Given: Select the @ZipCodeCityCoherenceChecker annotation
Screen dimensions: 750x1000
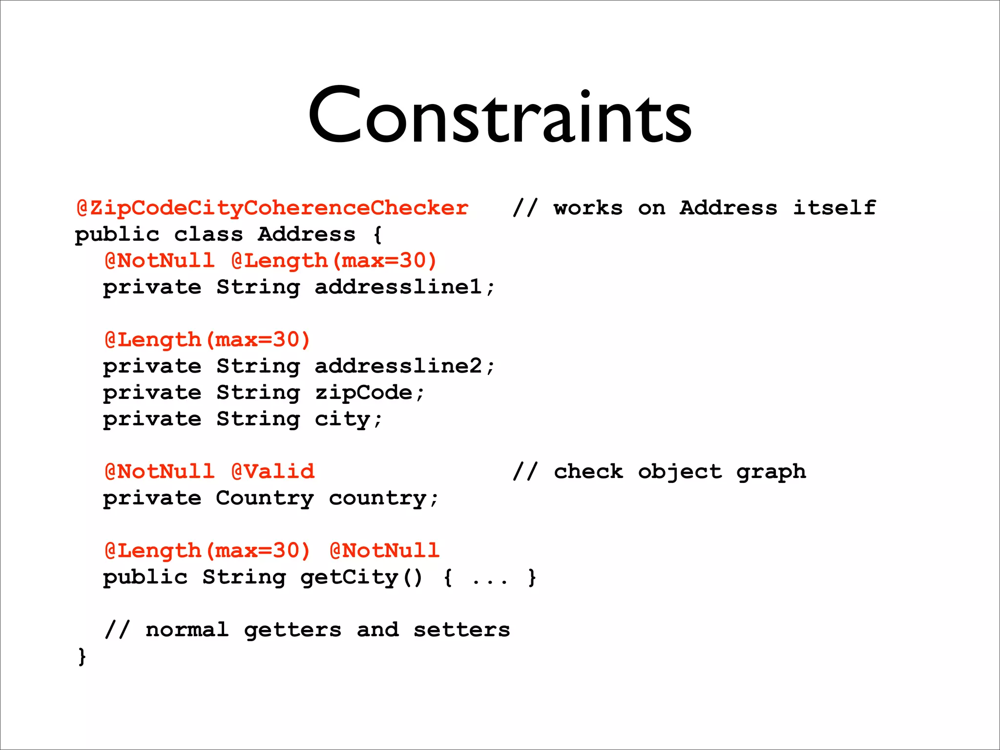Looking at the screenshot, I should (x=272, y=208).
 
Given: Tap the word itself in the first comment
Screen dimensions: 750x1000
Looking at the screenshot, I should (x=834, y=208).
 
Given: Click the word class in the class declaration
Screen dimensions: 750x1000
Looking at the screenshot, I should (x=208, y=234).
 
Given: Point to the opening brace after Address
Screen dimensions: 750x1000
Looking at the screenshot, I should (x=377, y=235).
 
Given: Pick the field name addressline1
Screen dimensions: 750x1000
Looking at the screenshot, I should (x=398, y=287).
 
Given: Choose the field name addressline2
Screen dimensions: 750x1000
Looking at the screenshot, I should (x=398, y=366).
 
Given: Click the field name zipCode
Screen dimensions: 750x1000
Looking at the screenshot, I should (x=364, y=393).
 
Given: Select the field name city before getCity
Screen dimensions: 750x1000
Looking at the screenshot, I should (x=342, y=419).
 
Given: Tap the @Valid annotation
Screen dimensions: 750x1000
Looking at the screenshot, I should (x=273, y=472).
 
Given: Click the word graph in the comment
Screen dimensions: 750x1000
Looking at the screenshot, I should (x=771, y=472).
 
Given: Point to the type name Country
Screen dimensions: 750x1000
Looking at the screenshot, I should (x=265, y=499).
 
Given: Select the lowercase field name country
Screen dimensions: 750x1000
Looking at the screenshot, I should (x=377, y=499).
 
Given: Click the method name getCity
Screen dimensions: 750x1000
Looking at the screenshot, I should (x=349, y=578).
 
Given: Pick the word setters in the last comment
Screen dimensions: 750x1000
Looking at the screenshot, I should (x=461, y=630).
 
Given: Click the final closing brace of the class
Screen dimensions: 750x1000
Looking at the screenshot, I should (x=82, y=656).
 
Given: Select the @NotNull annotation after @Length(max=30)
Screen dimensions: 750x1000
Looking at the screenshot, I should (x=385, y=551).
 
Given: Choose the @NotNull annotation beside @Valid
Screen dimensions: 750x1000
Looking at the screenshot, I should (x=160, y=472).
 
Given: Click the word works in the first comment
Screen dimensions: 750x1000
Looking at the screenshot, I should (x=588, y=208).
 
